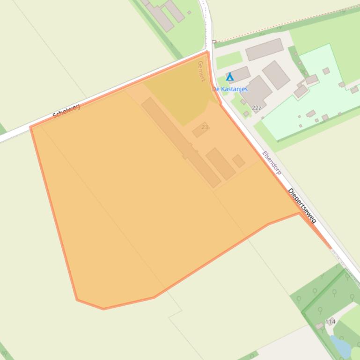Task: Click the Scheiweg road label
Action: click(x=66, y=111)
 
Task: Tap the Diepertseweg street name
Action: click(x=302, y=205)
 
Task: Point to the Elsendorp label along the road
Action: click(x=272, y=163)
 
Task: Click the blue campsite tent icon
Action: click(x=230, y=77)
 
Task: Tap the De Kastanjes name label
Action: click(x=230, y=89)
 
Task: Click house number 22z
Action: click(x=256, y=108)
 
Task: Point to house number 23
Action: click(x=204, y=127)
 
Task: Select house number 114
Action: click(x=331, y=322)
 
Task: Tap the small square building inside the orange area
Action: click(x=239, y=161)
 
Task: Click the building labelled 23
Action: click(x=200, y=130)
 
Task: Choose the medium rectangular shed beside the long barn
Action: click(x=220, y=164)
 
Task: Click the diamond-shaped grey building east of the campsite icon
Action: click(x=276, y=75)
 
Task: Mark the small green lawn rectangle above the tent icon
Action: click(x=229, y=60)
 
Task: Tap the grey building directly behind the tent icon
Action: click(x=239, y=73)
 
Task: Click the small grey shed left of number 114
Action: click(x=320, y=325)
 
